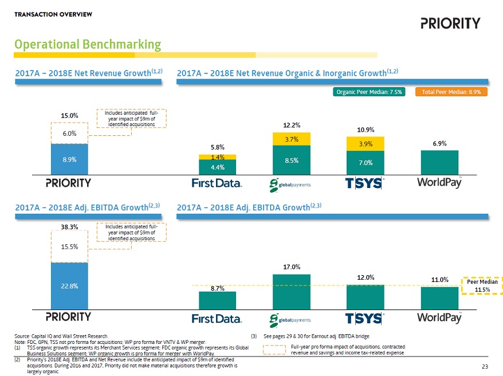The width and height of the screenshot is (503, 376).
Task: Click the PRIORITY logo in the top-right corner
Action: (450, 23)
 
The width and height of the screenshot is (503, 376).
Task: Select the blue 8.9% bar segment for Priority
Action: (69, 159)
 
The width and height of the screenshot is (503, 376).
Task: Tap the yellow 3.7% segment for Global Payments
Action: (291, 139)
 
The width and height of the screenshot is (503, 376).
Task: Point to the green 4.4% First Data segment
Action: (217, 167)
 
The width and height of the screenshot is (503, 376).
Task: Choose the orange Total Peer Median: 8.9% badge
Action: (455, 92)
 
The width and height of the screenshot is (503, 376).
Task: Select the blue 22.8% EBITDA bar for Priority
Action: (69, 285)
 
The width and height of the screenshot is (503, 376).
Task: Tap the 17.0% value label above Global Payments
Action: (291, 267)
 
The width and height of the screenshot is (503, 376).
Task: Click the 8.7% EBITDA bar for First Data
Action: (217, 300)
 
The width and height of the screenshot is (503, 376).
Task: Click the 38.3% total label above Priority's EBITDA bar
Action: (69, 227)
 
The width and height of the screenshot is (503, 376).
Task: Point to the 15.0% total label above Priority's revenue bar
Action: (69, 116)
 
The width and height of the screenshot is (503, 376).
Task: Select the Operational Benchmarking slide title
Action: (88, 44)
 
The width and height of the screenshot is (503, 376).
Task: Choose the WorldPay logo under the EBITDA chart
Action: (440, 318)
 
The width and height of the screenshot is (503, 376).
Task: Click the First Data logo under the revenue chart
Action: (217, 182)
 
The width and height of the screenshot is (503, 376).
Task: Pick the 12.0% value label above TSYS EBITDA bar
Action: (364, 277)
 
